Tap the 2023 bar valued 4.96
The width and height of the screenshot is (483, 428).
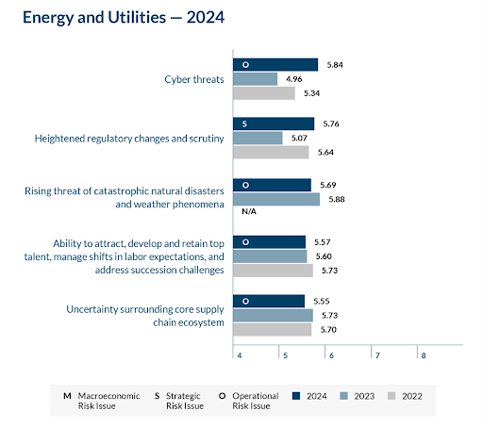pyautogui.click(x=256, y=79)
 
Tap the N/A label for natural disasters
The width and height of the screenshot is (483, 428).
pyautogui.click(x=249, y=212)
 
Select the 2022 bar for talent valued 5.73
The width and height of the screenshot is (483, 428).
pyautogui.click(x=273, y=271)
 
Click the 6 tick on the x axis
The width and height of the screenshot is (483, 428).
pyautogui.click(x=330, y=354)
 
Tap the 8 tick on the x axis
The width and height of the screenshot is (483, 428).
pyautogui.click(x=423, y=354)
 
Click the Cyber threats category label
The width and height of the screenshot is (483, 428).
pyautogui.click(x=193, y=79)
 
